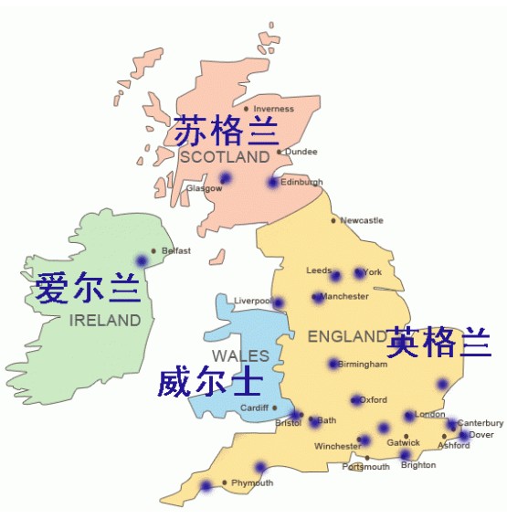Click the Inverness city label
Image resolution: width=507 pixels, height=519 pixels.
(273, 110)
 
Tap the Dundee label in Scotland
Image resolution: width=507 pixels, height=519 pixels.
(301, 152)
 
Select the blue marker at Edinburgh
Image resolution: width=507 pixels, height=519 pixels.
(272, 183)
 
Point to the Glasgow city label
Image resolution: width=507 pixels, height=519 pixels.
(204, 188)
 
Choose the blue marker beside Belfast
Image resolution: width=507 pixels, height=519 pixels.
(142, 260)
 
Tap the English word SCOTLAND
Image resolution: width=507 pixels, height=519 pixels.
(225, 157)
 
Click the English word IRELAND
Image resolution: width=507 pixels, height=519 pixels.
(105, 321)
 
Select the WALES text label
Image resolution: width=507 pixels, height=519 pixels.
(240, 355)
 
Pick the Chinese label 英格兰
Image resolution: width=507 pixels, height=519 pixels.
(438, 342)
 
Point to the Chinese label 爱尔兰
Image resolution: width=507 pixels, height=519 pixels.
(88, 289)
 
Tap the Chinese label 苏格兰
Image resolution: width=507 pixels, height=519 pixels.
(226, 131)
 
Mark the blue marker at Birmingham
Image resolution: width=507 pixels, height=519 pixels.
(333, 364)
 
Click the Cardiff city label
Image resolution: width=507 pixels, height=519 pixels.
(254, 408)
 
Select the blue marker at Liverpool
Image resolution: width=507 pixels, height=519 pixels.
(279, 302)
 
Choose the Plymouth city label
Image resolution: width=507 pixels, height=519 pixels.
(252, 482)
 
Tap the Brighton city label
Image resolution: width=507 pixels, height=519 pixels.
(418, 465)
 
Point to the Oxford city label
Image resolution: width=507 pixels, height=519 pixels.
(373, 399)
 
